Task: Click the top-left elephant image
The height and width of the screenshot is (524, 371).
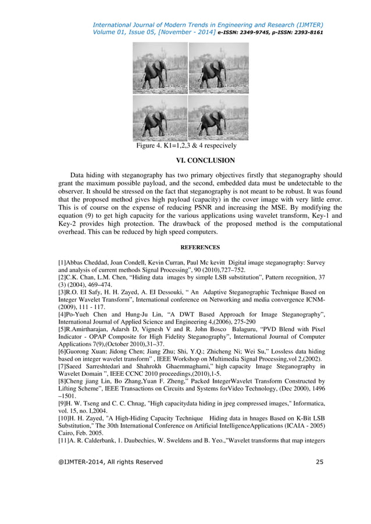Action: tap(159, 69)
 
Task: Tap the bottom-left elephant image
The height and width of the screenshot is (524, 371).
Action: tap(159, 118)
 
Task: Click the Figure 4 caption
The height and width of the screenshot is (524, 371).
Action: tap(186, 146)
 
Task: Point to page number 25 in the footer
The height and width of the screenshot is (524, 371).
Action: tap(319, 462)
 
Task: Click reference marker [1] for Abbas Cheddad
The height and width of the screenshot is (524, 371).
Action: tap(63, 262)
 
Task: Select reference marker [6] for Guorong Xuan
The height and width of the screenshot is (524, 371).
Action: tap(63, 352)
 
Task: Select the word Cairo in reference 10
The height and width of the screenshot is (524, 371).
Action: tap(68, 433)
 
